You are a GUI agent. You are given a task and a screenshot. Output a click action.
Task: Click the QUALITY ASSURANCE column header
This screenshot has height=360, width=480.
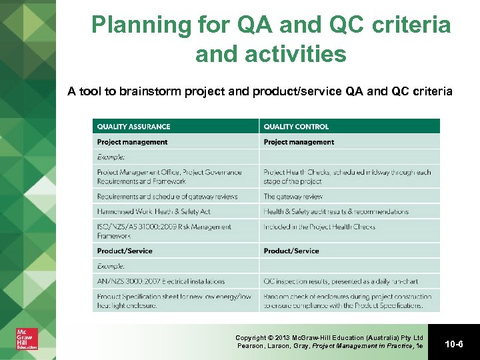click(133, 127)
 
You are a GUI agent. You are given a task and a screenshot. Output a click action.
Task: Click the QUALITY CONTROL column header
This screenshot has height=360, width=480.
click(296, 127)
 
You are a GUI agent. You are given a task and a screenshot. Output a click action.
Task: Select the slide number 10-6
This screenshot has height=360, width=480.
click(453, 343)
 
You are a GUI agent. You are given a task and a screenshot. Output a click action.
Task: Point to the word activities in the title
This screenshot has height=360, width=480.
click(271, 54)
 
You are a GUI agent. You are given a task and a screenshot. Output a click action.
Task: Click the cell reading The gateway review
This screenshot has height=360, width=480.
click(293, 197)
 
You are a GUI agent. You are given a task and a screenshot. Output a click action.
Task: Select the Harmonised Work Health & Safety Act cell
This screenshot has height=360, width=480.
click(153, 211)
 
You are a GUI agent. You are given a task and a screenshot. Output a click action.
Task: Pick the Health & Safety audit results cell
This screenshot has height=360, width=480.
click(336, 211)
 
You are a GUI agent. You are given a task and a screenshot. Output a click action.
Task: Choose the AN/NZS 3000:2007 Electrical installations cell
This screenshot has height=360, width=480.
click(161, 281)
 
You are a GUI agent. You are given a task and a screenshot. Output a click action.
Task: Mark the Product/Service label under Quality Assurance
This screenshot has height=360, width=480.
click(125, 251)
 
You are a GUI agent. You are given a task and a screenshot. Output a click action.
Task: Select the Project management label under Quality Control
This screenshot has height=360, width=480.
click(299, 142)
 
